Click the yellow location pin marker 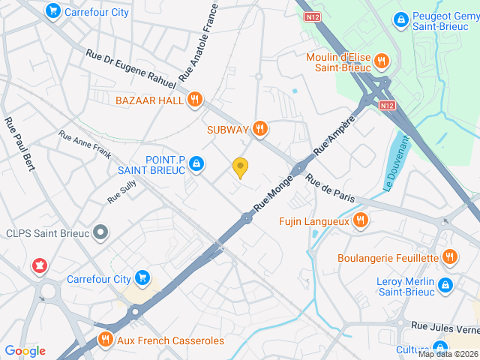pos(240,168)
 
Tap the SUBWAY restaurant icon pos(260,129)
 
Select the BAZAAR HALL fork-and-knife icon pos(195,99)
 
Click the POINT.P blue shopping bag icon pos(196,163)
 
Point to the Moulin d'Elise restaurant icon pos(381,61)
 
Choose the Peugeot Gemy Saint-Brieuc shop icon pos(401,18)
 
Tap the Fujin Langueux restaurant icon pos(360,220)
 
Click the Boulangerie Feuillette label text pos(388,258)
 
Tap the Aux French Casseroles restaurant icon pos(105,340)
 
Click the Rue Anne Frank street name pos(85,145)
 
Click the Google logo pos(25,351)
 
